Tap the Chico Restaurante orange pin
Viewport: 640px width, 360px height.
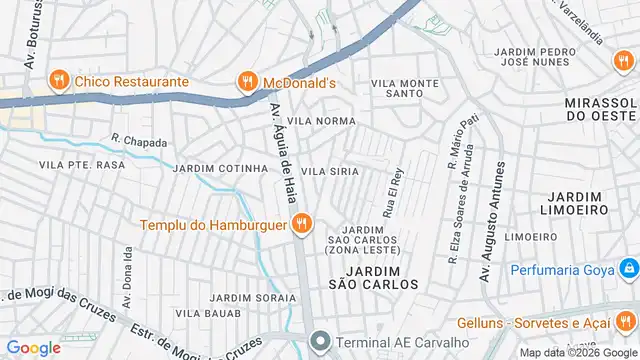pos(62,81)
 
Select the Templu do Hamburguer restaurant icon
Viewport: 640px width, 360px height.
pos(298,223)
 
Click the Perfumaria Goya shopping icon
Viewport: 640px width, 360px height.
pos(628,269)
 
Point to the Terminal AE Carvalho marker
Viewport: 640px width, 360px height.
pos(319,341)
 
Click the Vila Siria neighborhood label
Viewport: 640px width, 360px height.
pos(331,172)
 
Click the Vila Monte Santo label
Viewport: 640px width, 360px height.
pos(404,88)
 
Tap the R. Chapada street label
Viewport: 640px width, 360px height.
pos(139,141)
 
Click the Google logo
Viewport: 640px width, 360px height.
pos(33,347)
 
